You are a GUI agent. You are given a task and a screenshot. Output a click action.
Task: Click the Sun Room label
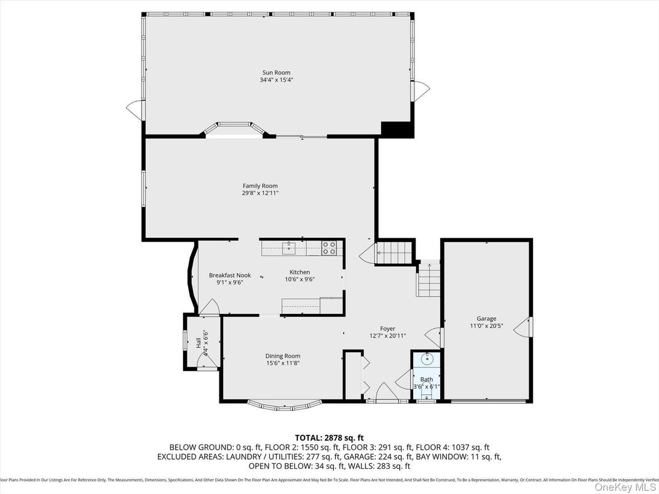click(x=276, y=73)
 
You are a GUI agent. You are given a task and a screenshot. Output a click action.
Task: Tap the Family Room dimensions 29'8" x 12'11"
click(x=260, y=193)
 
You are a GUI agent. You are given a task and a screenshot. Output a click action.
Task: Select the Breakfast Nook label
click(x=230, y=275)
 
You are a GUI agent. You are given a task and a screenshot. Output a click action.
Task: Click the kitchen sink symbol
click(x=288, y=248)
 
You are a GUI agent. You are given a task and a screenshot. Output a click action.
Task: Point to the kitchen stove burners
click(x=329, y=248)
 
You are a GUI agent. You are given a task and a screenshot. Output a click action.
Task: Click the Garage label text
click(x=486, y=318)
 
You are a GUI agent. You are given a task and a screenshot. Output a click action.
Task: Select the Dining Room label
click(x=283, y=356)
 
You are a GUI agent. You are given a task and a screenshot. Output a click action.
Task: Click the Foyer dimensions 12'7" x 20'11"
click(x=387, y=335)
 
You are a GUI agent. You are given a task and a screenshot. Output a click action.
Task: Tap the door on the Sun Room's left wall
click(x=135, y=109)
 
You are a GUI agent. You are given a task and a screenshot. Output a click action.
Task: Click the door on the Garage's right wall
click(x=525, y=327)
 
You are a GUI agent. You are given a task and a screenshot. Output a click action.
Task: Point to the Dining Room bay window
click(x=285, y=405)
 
